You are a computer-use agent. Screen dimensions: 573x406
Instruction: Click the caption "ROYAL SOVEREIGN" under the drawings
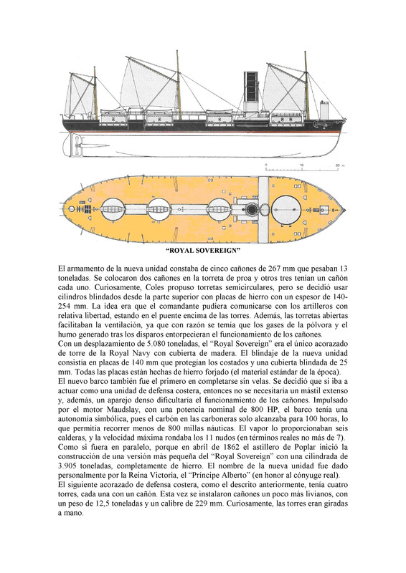pyautogui.click(x=202, y=252)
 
